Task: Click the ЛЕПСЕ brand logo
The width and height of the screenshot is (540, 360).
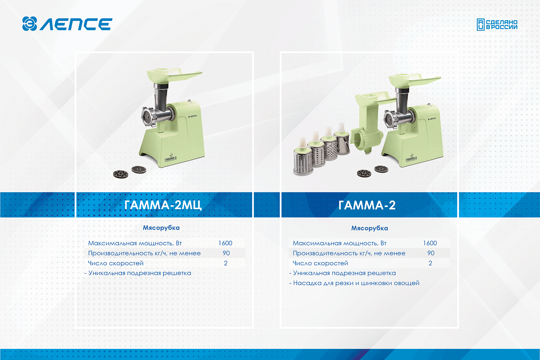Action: [x=67, y=24]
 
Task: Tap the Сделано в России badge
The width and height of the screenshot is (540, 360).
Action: [x=497, y=24]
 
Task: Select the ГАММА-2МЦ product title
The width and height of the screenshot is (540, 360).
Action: [x=163, y=205]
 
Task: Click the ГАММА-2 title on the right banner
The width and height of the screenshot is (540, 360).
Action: [x=367, y=205]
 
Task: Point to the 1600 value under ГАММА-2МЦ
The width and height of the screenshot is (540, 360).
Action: [x=225, y=243]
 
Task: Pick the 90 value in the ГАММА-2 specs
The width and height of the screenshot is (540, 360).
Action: [x=431, y=253]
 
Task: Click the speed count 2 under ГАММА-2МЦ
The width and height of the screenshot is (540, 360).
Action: [x=226, y=263]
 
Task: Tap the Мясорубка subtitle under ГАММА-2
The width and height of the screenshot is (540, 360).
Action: [x=369, y=228]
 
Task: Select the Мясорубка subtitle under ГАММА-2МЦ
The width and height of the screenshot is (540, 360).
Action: [x=161, y=228]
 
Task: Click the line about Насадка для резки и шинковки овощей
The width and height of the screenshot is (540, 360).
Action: [x=354, y=283]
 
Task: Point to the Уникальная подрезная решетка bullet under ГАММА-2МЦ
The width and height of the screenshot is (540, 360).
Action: [x=138, y=273]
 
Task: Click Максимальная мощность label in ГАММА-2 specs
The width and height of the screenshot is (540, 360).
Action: [x=339, y=243]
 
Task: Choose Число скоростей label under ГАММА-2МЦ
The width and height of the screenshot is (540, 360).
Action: [x=116, y=263]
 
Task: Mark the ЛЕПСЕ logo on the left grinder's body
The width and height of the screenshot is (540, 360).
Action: [x=192, y=117]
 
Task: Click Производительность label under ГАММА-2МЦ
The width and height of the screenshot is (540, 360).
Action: [x=144, y=253]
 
